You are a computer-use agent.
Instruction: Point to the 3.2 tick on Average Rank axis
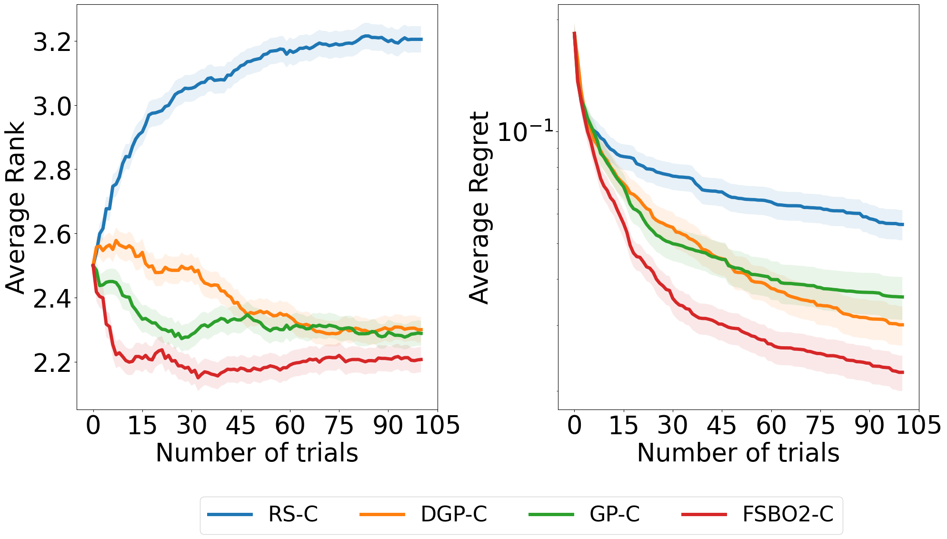click(x=52, y=42)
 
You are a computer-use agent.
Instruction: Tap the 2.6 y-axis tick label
click(x=52, y=235)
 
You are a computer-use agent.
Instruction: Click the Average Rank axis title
click(x=15, y=208)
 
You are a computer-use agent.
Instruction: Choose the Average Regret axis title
click(x=479, y=208)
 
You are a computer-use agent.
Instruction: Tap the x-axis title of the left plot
click(x=257, y=452)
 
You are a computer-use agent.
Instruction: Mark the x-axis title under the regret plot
click(x=738, y=452)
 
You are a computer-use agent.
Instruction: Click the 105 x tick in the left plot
click(x=437, y=425)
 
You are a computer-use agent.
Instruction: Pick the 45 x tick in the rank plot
click(x=241, y=425)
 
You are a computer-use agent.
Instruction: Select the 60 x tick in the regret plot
click(x=771, y=425)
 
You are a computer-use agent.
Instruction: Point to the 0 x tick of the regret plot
click(x=575, y=425)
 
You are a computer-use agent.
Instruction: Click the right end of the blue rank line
click(x=421, y=39)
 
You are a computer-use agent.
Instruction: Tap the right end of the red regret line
click(x=902, y=372)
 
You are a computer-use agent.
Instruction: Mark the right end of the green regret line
click(x=902, y=297)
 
